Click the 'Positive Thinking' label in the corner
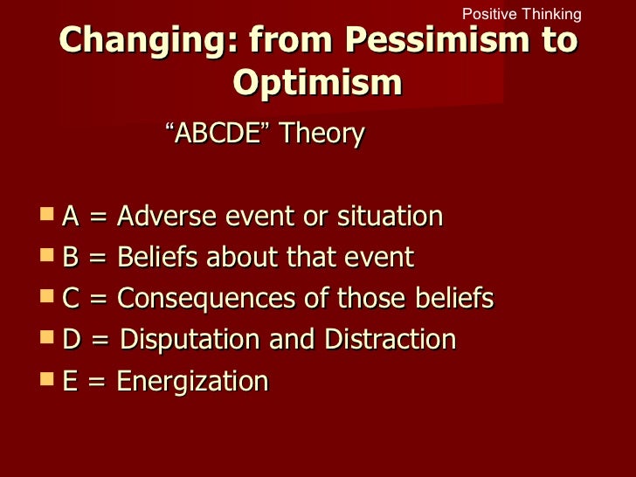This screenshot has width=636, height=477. point(521,14)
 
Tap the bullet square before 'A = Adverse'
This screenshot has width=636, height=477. point(47,214)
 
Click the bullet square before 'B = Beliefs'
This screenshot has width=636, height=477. point(47,256)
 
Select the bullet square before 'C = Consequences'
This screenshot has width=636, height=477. point(47,297)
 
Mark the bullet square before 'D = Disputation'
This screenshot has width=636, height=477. point(47,338)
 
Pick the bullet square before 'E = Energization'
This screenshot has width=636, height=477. point(47,379)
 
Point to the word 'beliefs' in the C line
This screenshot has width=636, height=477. point(451,299)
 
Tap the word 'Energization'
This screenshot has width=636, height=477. point(191,382)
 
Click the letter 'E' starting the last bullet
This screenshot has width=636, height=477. point(71,382)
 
